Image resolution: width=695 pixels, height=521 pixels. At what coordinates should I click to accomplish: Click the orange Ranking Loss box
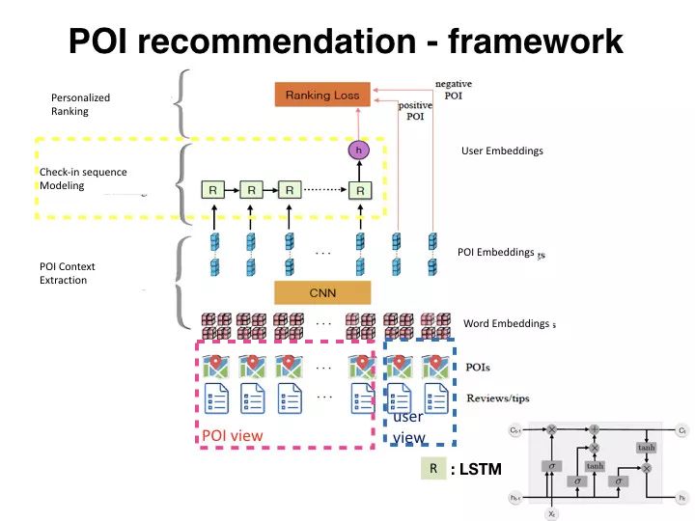tap(322, 95)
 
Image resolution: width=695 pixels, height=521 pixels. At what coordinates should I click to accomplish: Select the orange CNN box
tap(322, 291)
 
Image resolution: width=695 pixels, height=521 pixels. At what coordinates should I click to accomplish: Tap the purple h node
tap(359, 151)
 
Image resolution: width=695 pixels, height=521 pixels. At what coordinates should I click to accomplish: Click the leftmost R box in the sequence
tap(212, 190)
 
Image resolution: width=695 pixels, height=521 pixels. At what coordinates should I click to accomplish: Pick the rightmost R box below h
tap(359, 190)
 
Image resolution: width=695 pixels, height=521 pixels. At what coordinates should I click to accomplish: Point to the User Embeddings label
tap(502, 151)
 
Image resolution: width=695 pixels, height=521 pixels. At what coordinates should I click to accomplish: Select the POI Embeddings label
tap(495, 252)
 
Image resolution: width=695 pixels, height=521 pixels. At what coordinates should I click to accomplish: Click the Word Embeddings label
tap(506, 323)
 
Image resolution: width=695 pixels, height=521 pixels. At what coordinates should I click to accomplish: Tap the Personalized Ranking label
tap(80, 104)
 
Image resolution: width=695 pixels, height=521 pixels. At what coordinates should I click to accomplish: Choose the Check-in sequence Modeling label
tap(83, 178)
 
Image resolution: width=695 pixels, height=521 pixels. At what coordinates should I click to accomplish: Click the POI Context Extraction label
tap(68, 273)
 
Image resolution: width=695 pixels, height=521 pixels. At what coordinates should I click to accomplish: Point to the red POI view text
tap(232, 435)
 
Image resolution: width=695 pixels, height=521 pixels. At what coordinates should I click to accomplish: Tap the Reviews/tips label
tap(497, 398)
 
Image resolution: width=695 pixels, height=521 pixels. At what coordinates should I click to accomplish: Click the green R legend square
tap(433, 469)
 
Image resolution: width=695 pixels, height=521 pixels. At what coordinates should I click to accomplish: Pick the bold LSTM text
tap(480, 470)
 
